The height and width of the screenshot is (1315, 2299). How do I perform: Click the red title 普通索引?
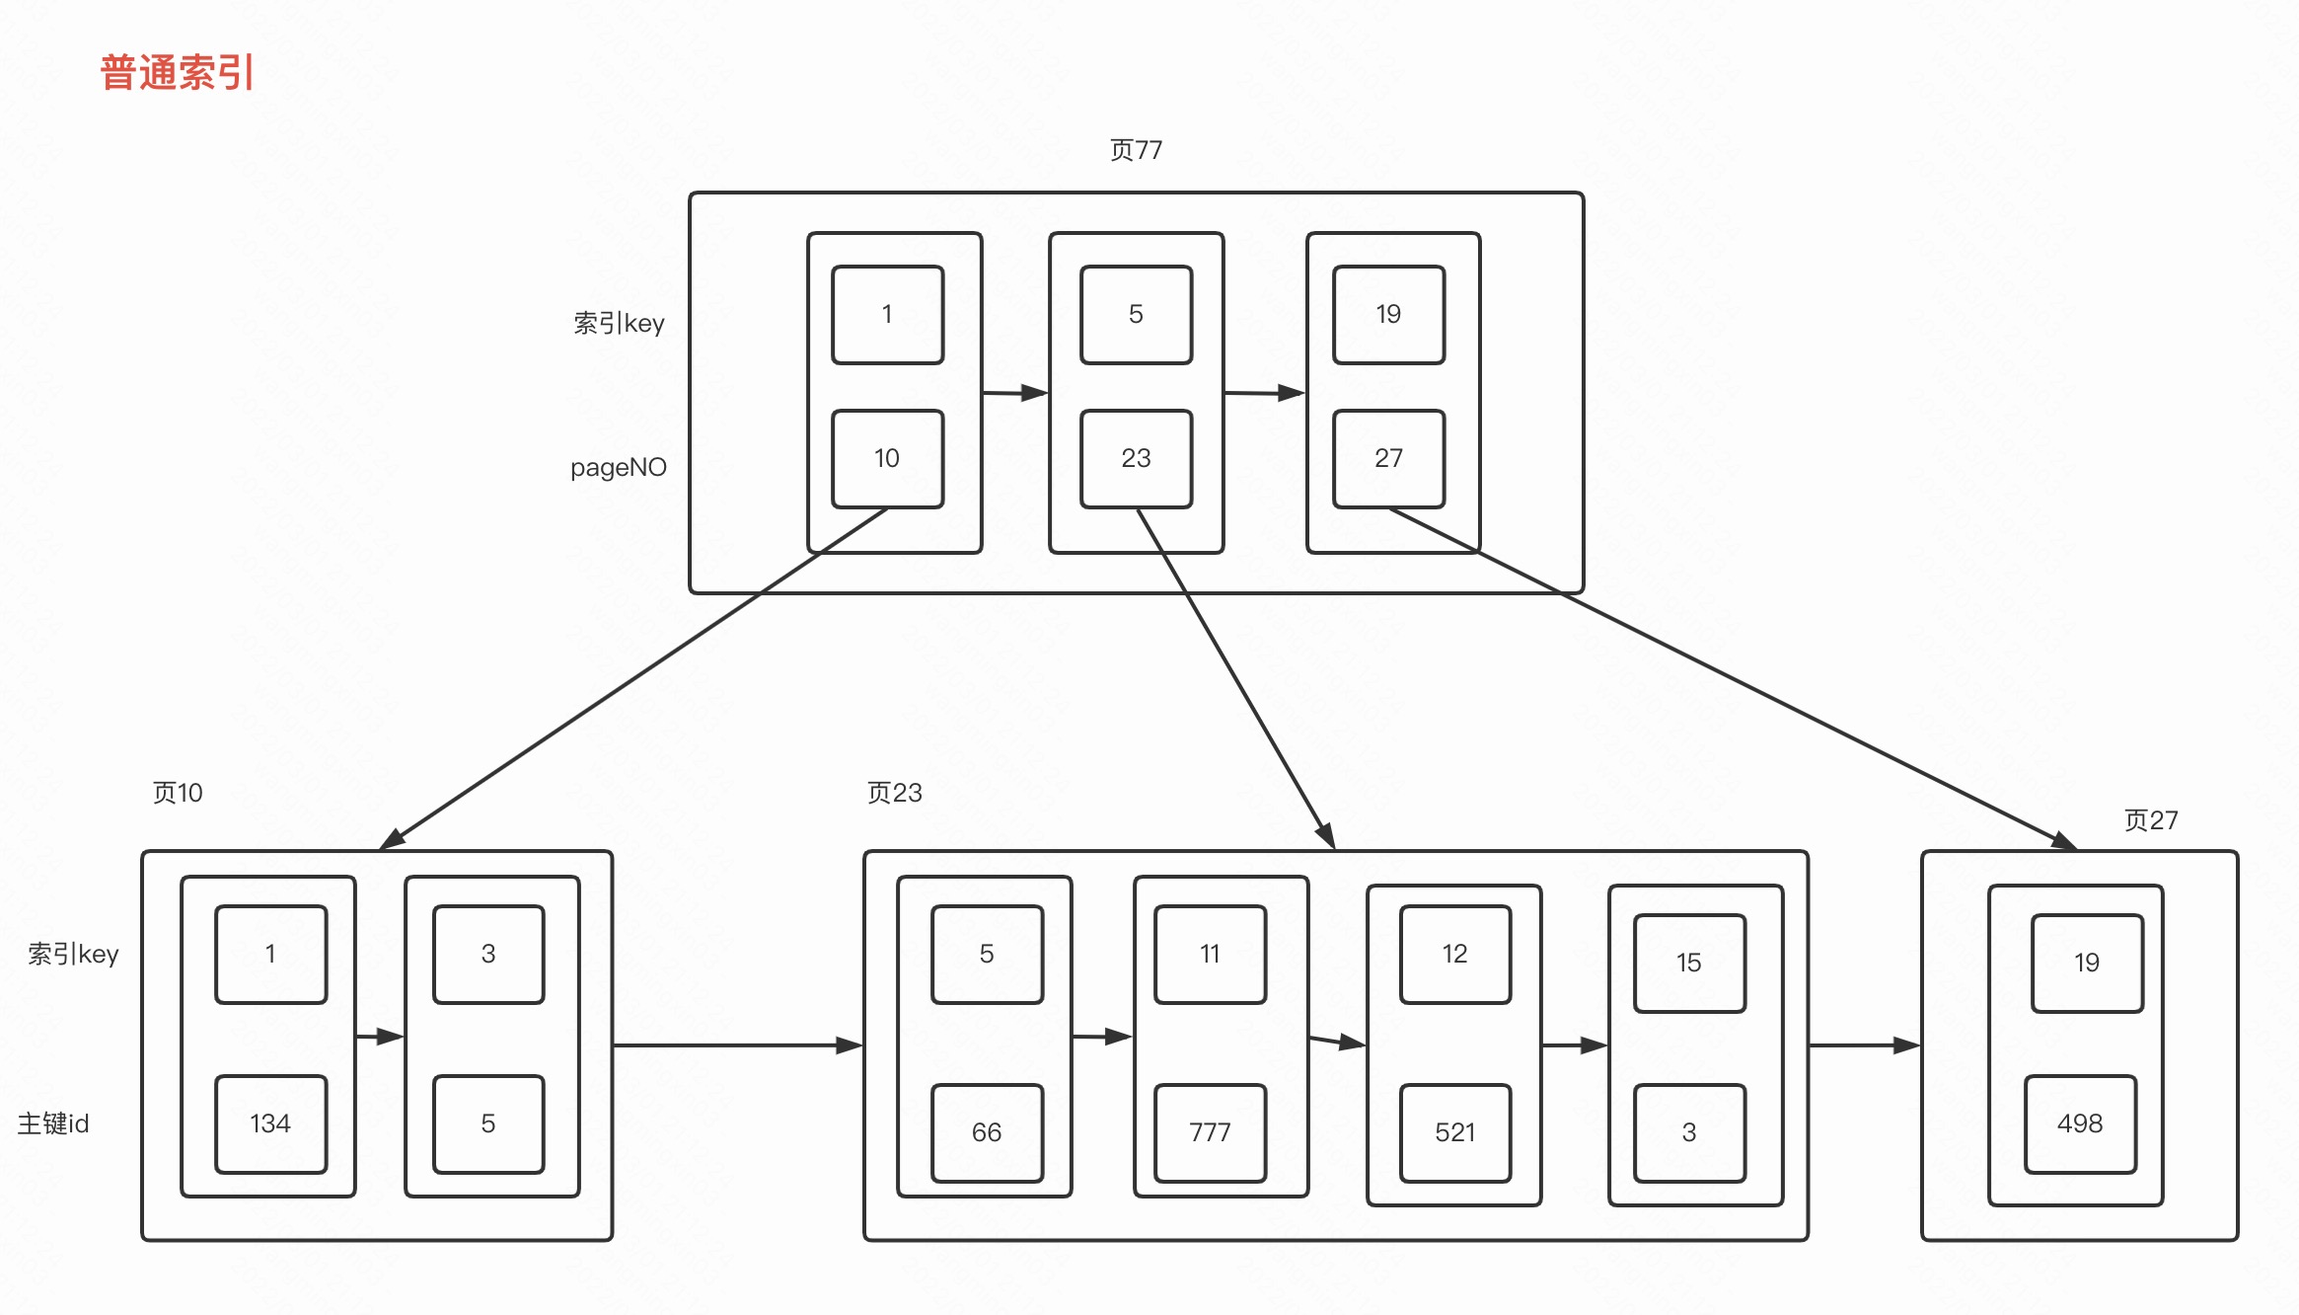click(178, 73)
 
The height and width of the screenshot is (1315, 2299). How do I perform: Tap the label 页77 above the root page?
click(1136, 150)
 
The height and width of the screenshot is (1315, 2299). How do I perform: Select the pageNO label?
click(619, 467)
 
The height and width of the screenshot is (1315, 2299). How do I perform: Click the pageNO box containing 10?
click(887, 459)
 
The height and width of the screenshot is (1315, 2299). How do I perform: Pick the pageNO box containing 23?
click(1136, 459)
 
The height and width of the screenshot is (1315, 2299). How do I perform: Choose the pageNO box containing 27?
click(1388, 459)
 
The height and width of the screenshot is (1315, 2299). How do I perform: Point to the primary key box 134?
click(270, 1124)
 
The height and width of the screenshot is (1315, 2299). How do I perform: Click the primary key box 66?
click(987, 1133)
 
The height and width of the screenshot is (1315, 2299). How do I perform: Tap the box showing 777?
click(1210, 1133)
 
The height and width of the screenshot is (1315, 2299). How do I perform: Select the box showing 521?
click(1455, 1133)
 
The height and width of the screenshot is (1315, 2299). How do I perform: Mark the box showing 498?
click(2080, 1124)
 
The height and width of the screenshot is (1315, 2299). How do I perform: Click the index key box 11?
click(1210, 955)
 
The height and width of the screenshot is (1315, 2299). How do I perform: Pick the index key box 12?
click(1455, 955)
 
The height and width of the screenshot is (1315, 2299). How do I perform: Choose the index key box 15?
click(1689, 964)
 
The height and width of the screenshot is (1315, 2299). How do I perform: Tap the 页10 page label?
click(178, 793)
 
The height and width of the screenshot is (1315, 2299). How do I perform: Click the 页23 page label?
click(894, 793)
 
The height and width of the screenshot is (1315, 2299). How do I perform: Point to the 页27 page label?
click(2151, 820)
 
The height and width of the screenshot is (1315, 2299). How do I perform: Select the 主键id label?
click(53, 1124)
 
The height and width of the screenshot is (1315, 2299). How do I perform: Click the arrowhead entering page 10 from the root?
click(393, 840)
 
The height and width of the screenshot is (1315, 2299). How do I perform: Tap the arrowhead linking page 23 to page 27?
click(1906, 1045)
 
